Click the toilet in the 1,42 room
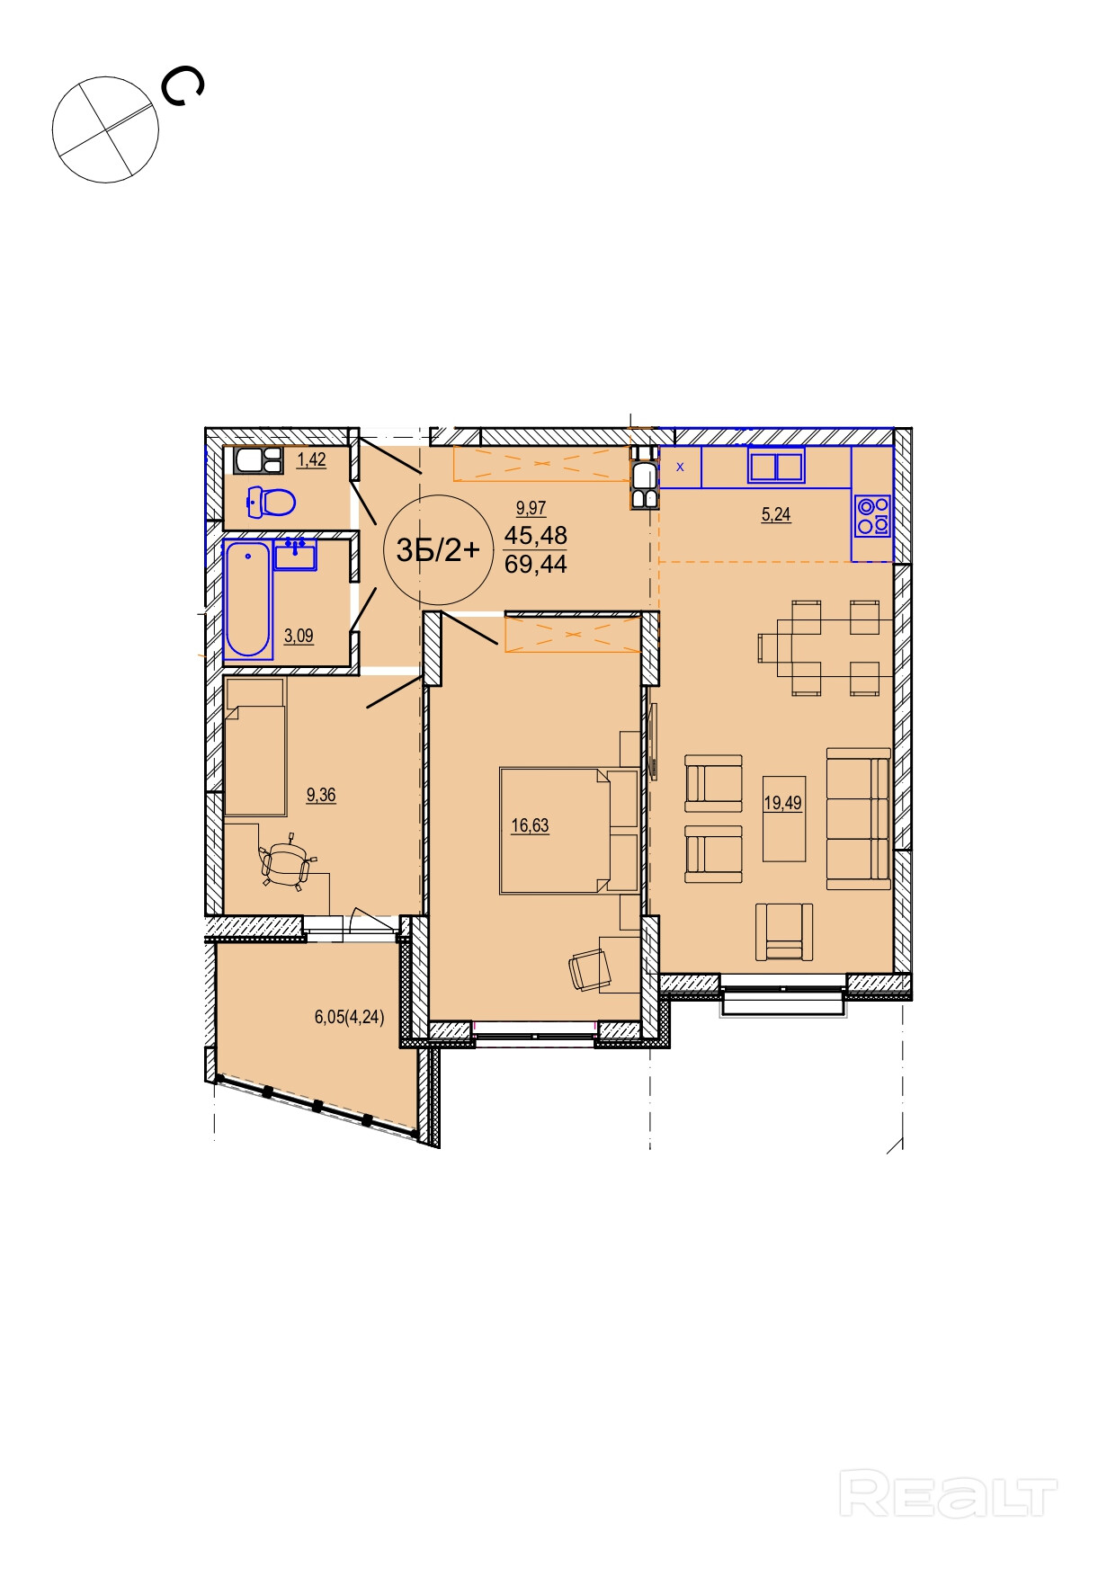pyautogui.click(x=272, y=502)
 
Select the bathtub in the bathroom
pyautogui.click(x=247, y=600)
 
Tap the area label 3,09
pyautogui.click(x=299, y=637)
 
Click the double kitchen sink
pyautogui.click(x=776, y=468)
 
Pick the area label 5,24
pyautogui.click(x=776, y=515)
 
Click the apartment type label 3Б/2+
pyautogui.click(x=438, y=549)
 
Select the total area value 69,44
pyautogui.click(x=536, y=565)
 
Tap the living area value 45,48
pyautogui.click(x=536, y=536)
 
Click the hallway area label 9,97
pyautogui.click(x=531, y=509)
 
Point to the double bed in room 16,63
pyautogui.click(x=569, y=830)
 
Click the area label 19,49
pyautogui.click(x=782, y=803)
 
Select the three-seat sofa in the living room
pyautogui.click(x=859, y=818)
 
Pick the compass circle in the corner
pyautogui.click(x=105, y=129)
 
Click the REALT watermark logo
pyautogui.click(x=949, y=1493)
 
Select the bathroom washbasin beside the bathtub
pyautogui.click(x=296, y=555)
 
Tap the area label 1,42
pyautogui.click(x=311, y=460)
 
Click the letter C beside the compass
pyautogui.click(x=182, y=87)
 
